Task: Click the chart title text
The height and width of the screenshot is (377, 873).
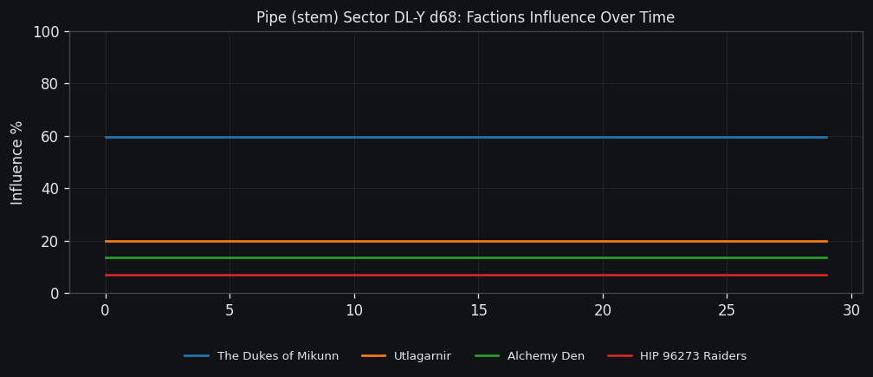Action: [465, 17]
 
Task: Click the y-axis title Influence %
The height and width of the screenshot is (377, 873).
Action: [17, 163]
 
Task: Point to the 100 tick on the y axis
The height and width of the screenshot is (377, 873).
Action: [45, 32]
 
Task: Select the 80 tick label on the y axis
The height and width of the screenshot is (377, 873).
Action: [49, 84]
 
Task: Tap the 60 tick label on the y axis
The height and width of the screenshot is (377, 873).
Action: [49, 137]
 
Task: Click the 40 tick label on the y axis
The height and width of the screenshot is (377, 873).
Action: [49, 189]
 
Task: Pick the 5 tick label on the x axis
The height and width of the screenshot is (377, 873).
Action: [230, 310]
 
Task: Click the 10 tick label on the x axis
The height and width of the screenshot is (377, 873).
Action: [354, 310]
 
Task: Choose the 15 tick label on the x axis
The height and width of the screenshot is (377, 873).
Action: [478, 310]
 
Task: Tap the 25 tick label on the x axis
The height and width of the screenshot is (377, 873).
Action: [727, 310]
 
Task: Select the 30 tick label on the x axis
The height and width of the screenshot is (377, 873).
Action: [851, 310]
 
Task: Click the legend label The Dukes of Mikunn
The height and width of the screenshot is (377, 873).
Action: [278, 356]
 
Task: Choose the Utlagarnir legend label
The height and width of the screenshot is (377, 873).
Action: [422, 356]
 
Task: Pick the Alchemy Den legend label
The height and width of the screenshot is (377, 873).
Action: [546, 356]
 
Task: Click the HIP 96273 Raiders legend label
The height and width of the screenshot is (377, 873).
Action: [693, 356]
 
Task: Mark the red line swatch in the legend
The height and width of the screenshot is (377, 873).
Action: [619, 356]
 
